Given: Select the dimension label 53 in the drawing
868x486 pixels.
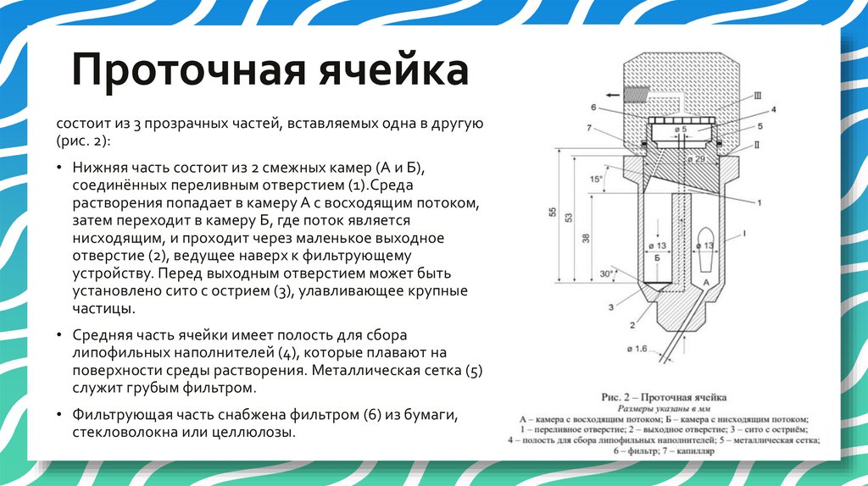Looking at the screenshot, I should pyautogui.click(x=570, y=217).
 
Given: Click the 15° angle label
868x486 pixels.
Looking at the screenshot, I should pyautogui.click(x=597, y=179).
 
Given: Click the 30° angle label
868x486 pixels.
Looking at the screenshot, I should pyautogui.click(x=605, y=274).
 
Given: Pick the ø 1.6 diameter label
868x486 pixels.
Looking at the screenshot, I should pyautogui.click(x=637, y=349).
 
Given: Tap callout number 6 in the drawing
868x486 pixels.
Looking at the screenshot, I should pyautogui.click(x=594, y=108).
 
